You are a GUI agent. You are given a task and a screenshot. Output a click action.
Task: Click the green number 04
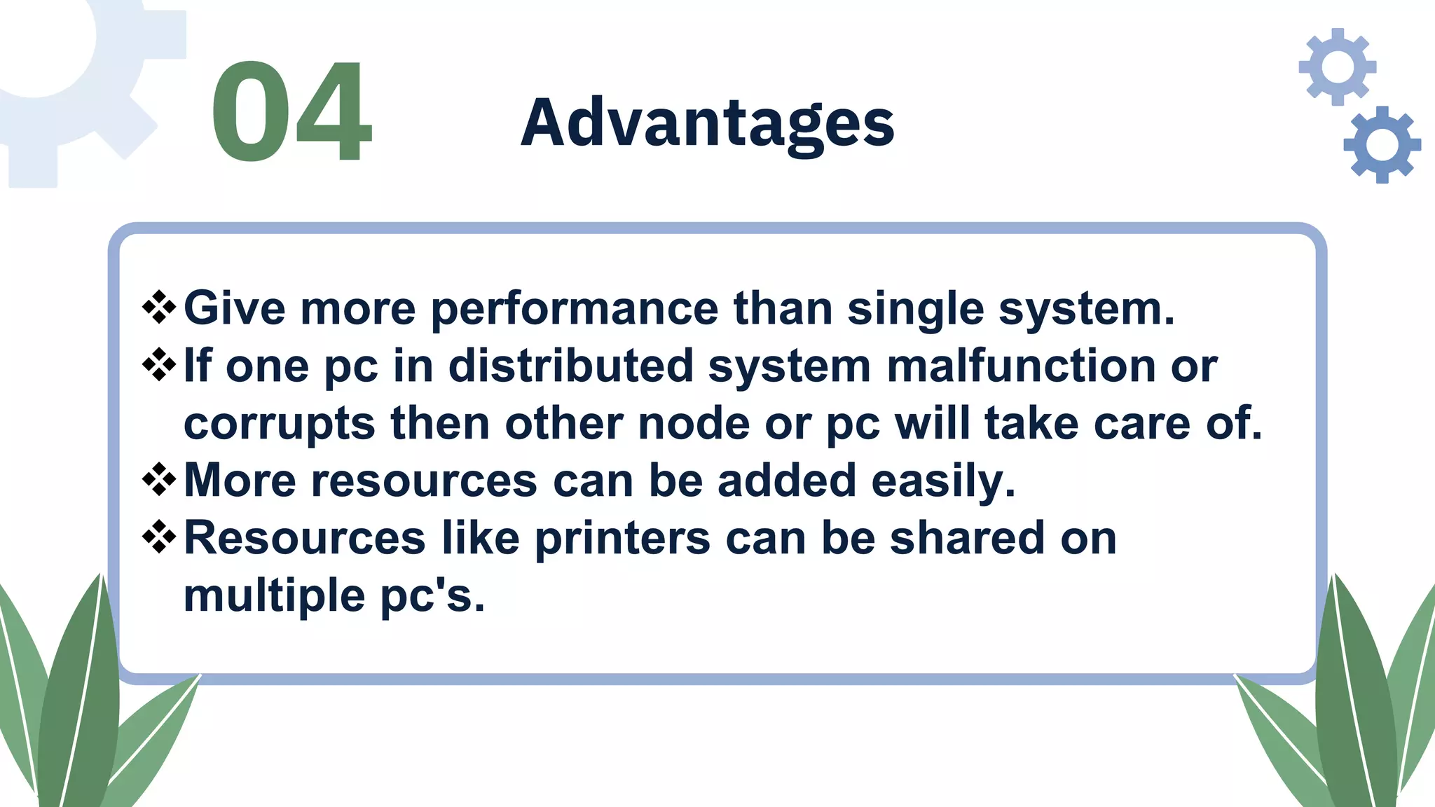[x=291, y=112]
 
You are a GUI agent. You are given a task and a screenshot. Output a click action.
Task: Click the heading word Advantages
[x=708, y=123]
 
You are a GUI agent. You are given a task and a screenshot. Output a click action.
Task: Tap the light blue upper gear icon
[x=1337, y=67]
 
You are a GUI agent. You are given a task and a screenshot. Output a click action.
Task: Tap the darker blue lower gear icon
[x=1382, y=145]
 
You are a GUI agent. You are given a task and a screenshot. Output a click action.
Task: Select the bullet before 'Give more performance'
[x=159, y=307]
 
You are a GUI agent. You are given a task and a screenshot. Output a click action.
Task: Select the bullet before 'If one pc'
[x=159, y=364]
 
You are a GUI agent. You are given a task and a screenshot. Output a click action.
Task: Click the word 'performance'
[x=574, y=310]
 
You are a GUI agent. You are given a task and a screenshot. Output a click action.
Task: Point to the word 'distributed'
[x=570, y=366]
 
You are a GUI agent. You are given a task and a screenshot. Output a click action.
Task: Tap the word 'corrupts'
[x=279, y=425]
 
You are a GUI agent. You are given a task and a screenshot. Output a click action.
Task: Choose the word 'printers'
[x=622, y=539]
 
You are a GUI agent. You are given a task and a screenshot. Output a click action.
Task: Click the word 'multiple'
[x=274, y=597]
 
